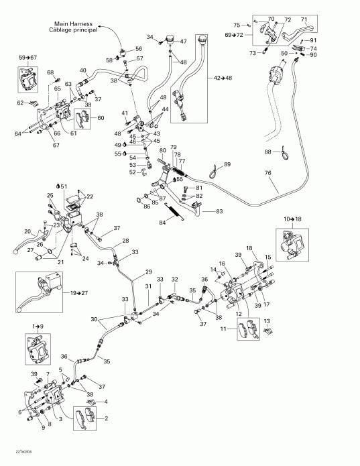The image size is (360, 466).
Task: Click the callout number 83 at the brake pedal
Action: pyautogui.click(x=219, y=212)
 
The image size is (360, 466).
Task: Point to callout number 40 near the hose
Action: pyautogui.click(x=83, y=70)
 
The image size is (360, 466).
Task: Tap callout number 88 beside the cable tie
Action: pyautogui.click(x=268, y=152)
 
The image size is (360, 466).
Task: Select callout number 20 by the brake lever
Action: pyautogui.click(x=9, y=232)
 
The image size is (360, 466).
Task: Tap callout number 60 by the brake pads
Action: pyautogui.click(x=101, y=118)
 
